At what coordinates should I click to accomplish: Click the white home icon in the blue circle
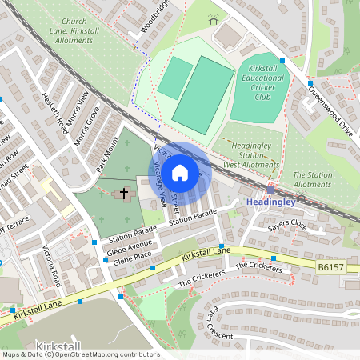180,172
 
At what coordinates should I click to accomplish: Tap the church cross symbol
124,193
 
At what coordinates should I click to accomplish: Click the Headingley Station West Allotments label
243,154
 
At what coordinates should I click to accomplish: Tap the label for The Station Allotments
312,180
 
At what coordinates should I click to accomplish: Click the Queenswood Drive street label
330,110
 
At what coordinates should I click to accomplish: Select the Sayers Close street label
287,226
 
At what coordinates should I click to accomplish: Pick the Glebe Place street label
132,260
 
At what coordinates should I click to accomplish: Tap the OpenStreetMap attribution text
80,354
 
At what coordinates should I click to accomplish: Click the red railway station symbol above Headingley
270,190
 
